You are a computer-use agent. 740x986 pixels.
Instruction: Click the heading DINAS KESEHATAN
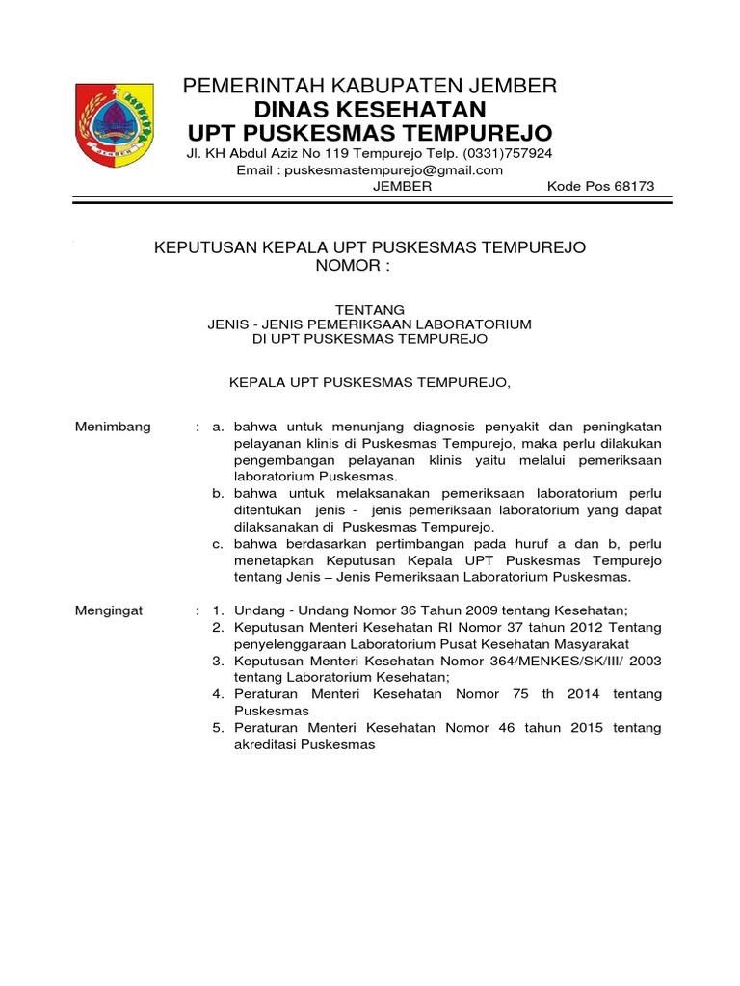pyautogui.click(x=370, y=109)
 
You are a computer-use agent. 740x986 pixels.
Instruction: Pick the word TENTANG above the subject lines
pyautogui.click(x=370, y=308)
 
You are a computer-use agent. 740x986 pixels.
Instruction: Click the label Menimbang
pyautogui.click(x=113, y=427)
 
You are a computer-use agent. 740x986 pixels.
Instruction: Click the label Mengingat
pyautogui.click(x=109, y=610)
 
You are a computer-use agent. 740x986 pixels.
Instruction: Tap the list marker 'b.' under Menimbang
pyautogui.click(x=219, y=494)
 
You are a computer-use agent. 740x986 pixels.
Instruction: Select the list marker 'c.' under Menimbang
pyautogui.click(x=219, y=544)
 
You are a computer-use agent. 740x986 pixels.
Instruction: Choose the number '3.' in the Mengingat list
pyautogui.click(x=218, y=662)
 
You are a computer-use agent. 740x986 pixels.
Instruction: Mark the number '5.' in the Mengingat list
pyautogui.click(x=218, y=728)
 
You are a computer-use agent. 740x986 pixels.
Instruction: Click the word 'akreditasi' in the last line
pyautogui.click(x=266, y=745)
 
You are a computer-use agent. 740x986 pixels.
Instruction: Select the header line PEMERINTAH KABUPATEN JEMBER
pyautogui.click(x=370, y=86)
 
